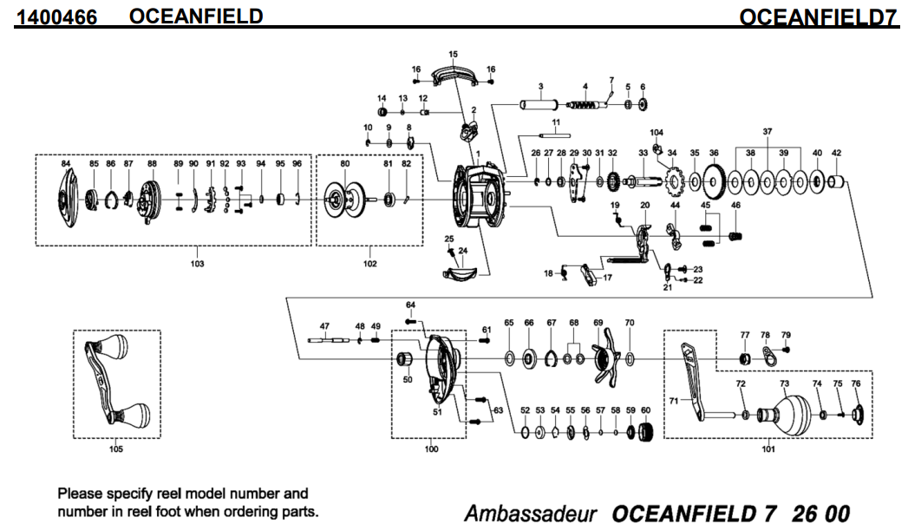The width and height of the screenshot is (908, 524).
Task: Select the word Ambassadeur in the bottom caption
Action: pyautogui.click(x=531, y=514)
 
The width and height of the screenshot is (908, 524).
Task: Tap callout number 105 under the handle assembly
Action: pyautogui.click(x=116, y=449)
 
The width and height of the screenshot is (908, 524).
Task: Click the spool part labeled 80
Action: pyautogui.click(x=343, y=199)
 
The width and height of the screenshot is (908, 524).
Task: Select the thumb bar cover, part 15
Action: pyautogui.click(x=453, y=75)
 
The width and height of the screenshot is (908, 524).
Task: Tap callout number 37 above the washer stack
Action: pyautogui.click(x=767, y=131)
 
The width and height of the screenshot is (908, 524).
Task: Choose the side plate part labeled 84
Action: pyautogui.click(x=66, y=199)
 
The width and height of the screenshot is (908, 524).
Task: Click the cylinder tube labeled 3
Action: pyautogui.click(x=537, y=105)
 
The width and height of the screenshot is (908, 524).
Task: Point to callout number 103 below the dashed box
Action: pyautogui.click(x=197, y=264)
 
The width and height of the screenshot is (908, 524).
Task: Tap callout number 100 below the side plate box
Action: pyautogui.click(x=432, y=449)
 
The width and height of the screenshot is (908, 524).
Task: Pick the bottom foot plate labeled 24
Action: pyautogui.click(x=460, y=275)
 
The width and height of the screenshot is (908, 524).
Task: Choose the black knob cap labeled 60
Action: pyautogui.click(x=645, y=431)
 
